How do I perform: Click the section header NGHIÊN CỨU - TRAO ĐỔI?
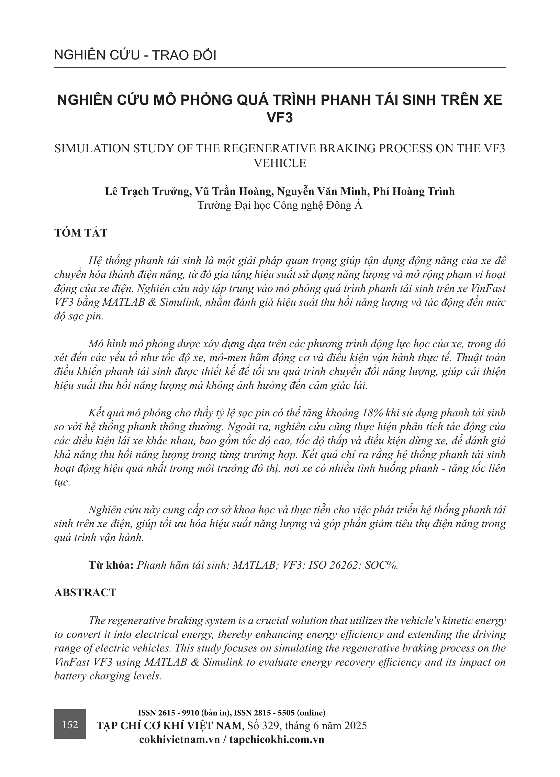[x=135, y=55]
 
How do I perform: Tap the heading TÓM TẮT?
[x=81, y=233]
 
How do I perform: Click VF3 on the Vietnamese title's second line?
[x=280, y=118]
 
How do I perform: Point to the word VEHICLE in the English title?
[x=280, y=163]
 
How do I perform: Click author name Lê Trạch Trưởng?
[x=148, y=191]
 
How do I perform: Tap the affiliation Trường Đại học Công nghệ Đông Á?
[x=280, y=205]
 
